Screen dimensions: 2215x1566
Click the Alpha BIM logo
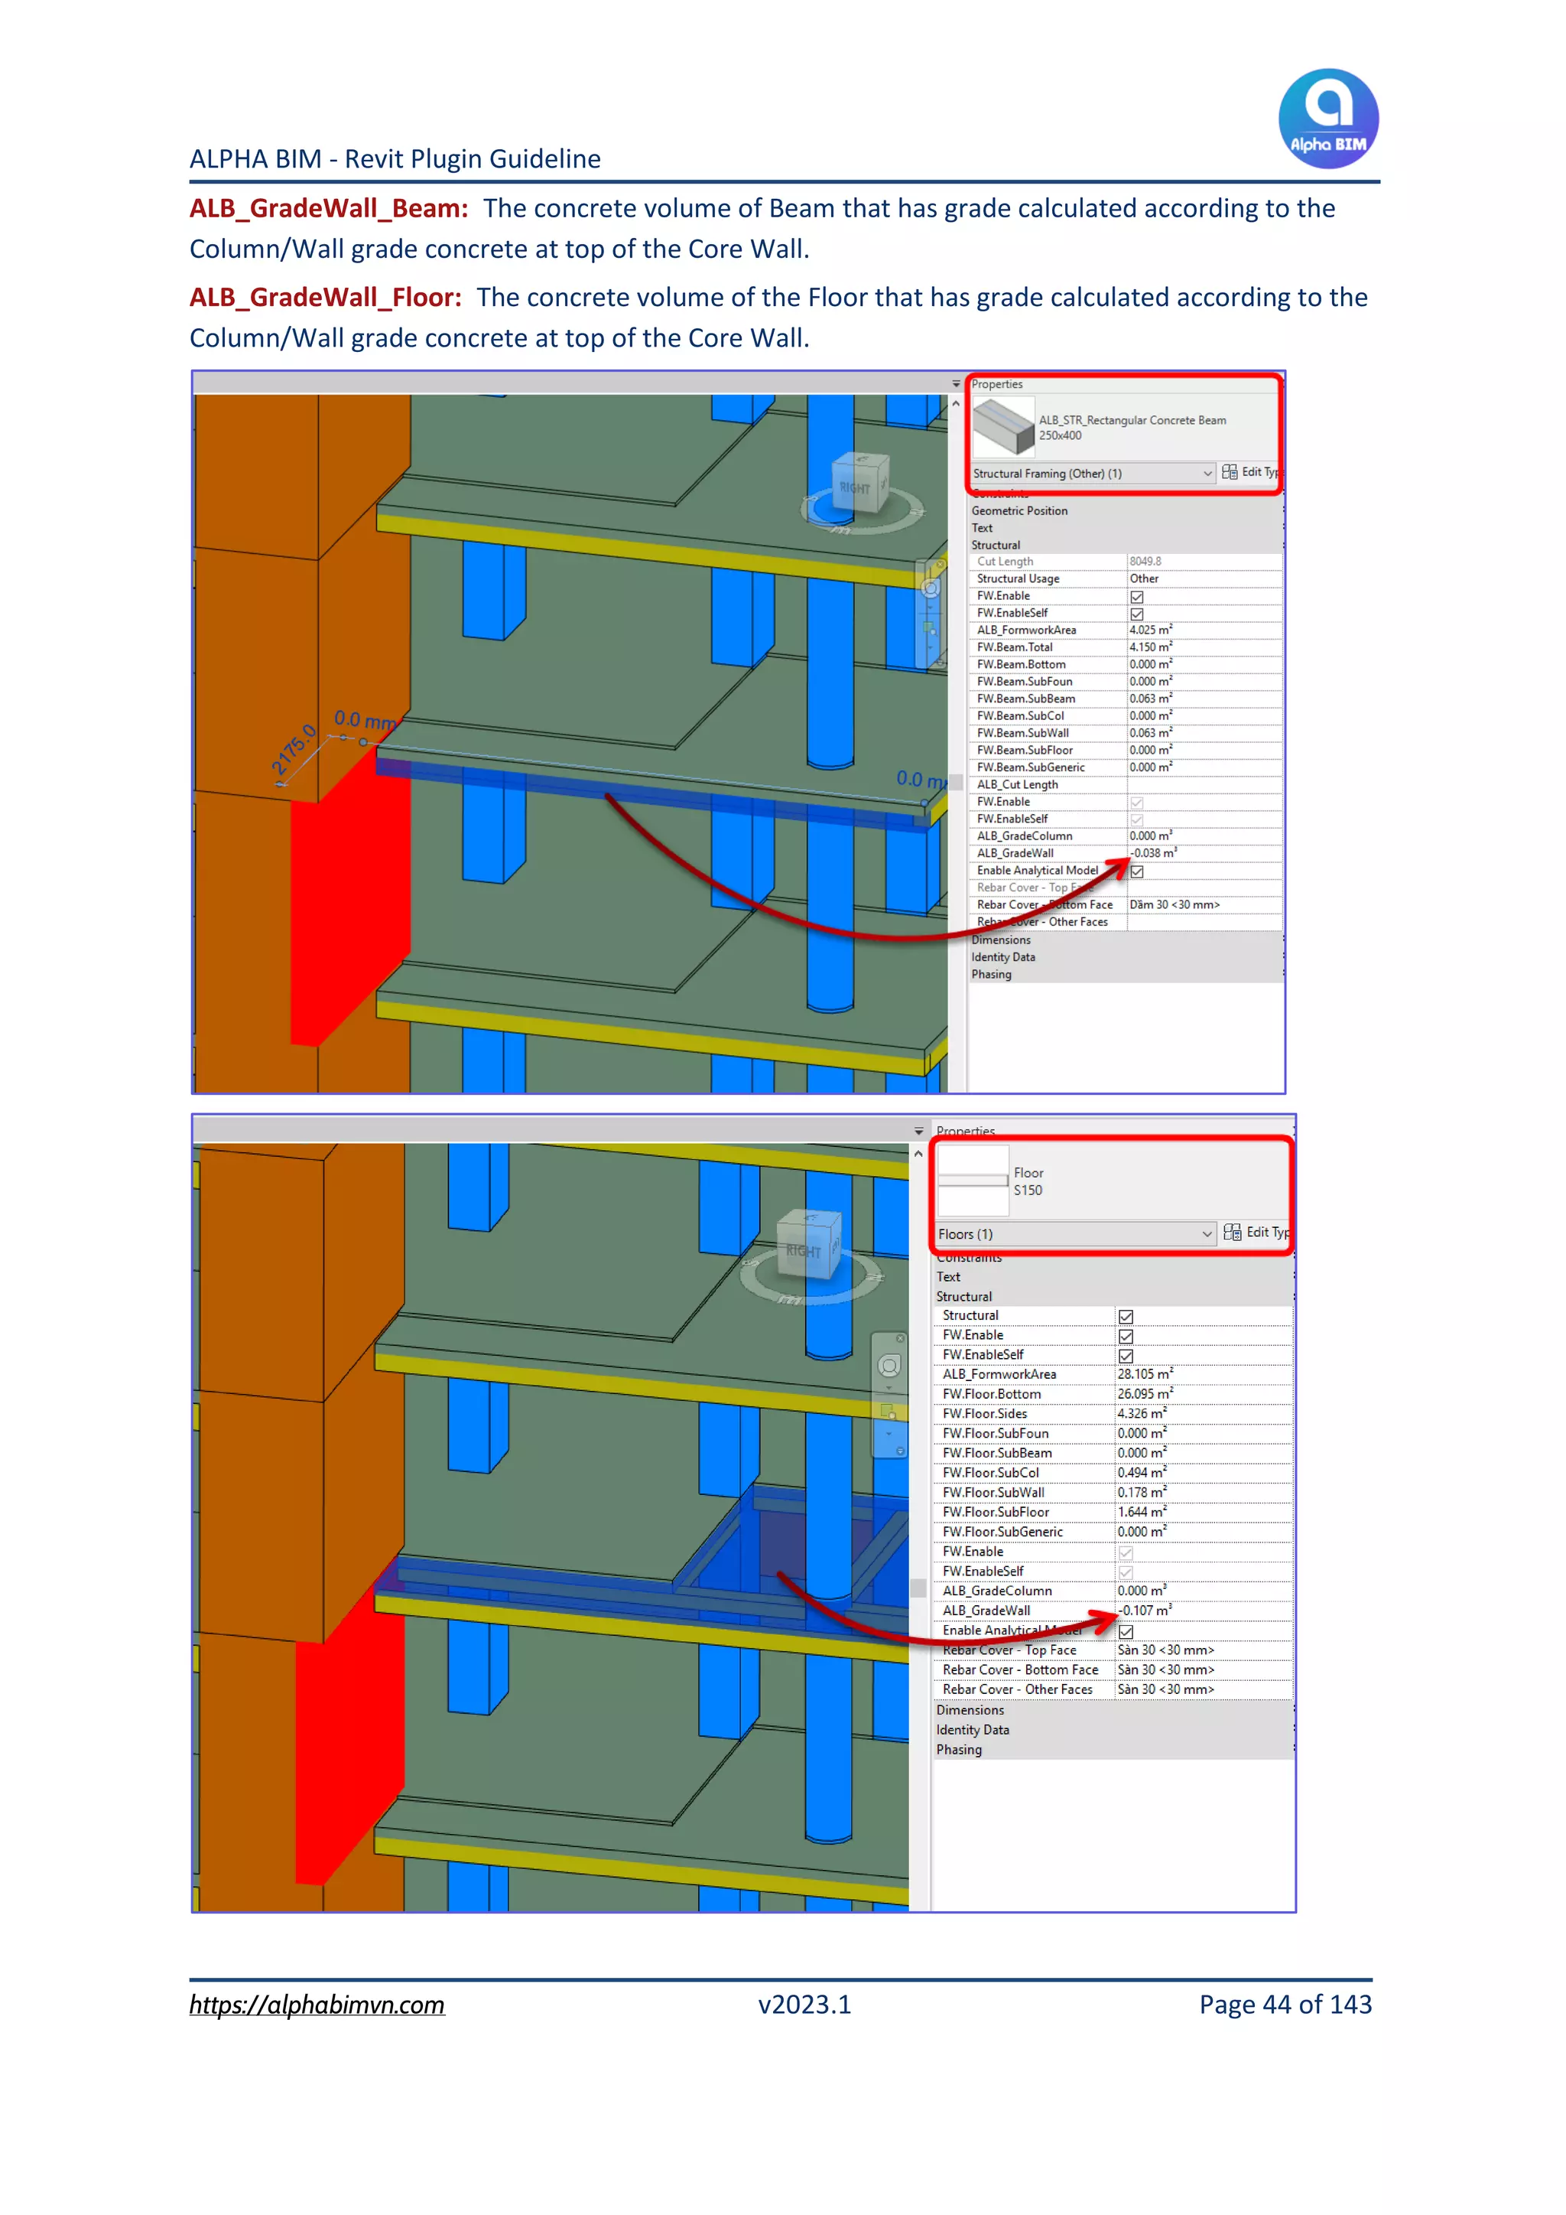[1328, 118]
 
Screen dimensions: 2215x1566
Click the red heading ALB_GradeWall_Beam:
[329, 208]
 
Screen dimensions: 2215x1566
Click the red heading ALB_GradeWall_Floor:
[325, 297]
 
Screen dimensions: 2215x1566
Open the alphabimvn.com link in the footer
[317, 2004]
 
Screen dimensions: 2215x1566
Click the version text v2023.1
[804, 2004]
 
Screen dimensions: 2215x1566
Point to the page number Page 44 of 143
[1285, 2004]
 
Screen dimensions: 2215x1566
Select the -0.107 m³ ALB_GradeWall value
[1145, 1610]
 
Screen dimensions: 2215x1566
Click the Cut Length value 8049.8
[1145, 562]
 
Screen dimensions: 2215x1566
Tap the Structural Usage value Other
[1145, 579]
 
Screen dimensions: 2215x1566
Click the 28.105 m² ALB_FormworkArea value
[1145, 1374]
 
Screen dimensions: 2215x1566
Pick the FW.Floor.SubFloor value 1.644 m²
[1142, 1512]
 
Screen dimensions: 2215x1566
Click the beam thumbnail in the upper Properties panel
[1003, 426]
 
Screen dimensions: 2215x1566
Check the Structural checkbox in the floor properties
[1126, 1317]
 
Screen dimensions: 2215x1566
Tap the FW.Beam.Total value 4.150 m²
[1150, 647]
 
